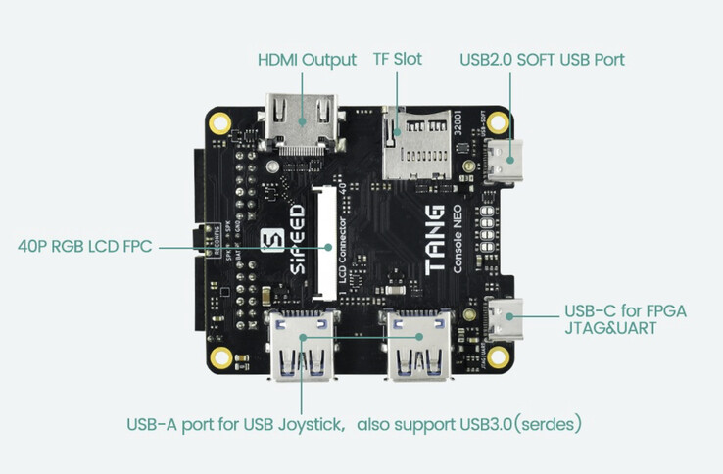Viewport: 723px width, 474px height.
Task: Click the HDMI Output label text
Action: [306, 60]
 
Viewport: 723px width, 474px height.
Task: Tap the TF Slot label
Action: [397, 60]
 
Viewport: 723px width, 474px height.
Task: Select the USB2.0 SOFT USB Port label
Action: [541, 60]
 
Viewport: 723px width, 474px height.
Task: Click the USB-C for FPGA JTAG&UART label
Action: [625, 320]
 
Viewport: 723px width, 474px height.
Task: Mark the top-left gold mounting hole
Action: [221, 123]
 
